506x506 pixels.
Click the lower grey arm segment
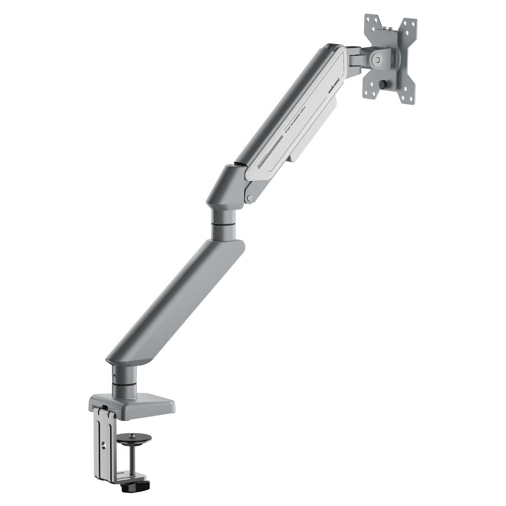point(175,304)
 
